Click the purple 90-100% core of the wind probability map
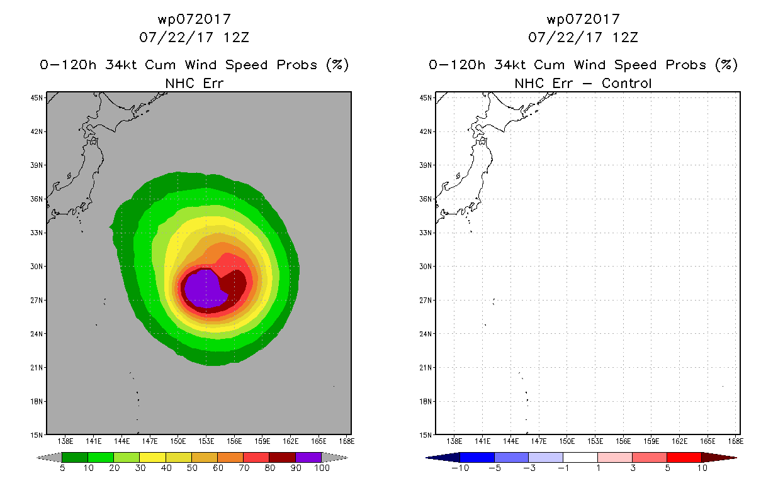[205, 289]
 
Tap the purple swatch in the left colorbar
[308, 458]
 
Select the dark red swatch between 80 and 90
[283, 458]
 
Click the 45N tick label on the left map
[37, 98]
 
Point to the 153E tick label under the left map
[206, 441]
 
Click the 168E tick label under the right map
[736, 441]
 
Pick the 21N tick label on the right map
[426, 368]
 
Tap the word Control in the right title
[626, 83]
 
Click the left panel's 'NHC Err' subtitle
[194, 83]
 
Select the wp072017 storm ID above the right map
[583, 19]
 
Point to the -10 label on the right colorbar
[460, 468]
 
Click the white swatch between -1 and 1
[580, 458]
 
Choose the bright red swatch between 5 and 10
[684, 458]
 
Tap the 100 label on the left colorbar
[322, 468]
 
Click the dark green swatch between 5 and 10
[75, 458]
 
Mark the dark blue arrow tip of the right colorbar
[426, 458]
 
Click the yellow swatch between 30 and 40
[152, 458]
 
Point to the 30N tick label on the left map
[37, 267]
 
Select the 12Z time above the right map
[625, 37]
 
